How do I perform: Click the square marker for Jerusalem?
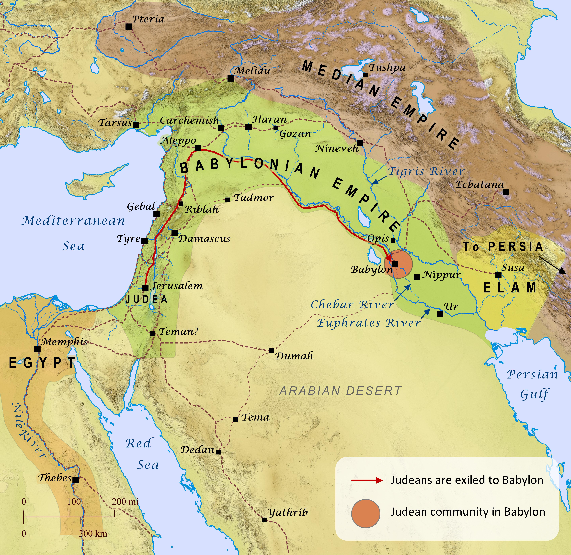tap(145, 288)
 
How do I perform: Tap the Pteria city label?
tap(148, 19)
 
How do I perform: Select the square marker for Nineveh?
tap(360, 143)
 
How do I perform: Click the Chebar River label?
tap(352, 305)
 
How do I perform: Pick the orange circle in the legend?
tap(366, 513)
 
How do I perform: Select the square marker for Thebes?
tap(76, 480)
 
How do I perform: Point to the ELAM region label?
tap(510, 287)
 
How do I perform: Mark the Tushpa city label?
tap(387, 67)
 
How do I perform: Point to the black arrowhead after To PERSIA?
tap(562, 271)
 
